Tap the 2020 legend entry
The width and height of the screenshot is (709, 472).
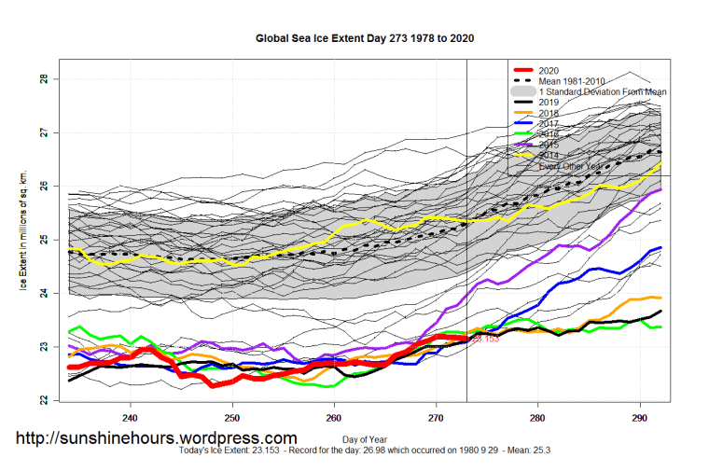[x=549, y=70]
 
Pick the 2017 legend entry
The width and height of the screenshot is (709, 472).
[x=549, y=124]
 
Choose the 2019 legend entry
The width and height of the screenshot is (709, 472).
[x=549, y=103]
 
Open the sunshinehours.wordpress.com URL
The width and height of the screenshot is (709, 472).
[x=157, y=437]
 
